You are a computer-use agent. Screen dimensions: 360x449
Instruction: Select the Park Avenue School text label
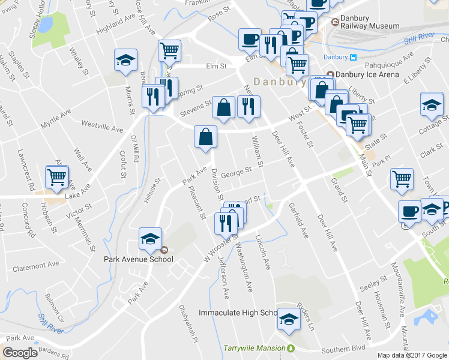(x=139, y=259)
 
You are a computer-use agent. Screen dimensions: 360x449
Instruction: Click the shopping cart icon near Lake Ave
(x=57, y=178)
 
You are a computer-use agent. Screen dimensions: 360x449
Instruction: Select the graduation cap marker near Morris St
(x=126, y=61)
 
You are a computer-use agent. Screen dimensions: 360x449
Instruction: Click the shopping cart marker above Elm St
(x=170, y=51)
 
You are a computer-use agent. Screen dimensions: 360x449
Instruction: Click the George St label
(x=235, y=172)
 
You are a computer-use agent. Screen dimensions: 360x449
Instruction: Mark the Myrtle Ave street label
(x=55, y=119)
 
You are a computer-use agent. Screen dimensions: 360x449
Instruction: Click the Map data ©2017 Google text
(x=412, y=355)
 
